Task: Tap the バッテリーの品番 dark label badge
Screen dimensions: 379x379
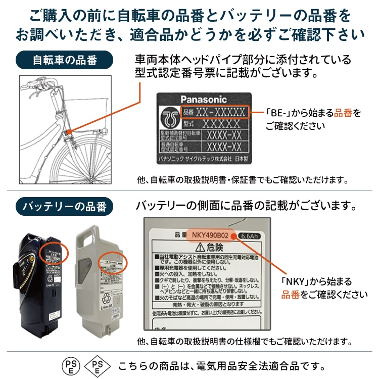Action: (65, 206)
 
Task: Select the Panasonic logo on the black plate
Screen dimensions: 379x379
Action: (204, 100)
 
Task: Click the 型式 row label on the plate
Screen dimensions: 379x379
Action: (188, 123)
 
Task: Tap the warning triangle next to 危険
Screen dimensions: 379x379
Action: (200, 247)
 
